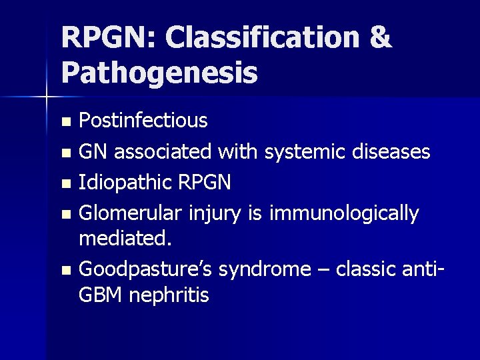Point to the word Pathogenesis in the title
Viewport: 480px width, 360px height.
(159, 73)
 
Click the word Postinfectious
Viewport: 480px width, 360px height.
(143, 121)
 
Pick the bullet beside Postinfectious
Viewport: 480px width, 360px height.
(65, 122)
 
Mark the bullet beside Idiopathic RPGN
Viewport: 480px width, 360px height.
(65, 183)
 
